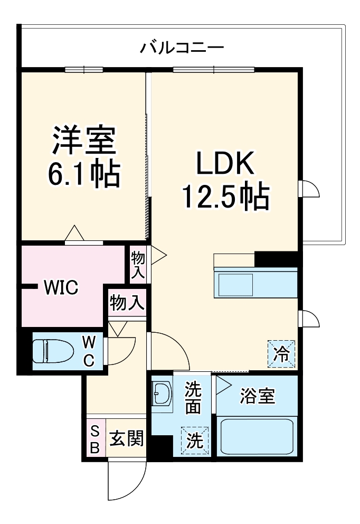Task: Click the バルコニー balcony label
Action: click(182, 48)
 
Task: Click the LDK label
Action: click(226, 165)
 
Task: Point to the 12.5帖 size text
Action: click(226, 196)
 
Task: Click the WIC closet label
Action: click(61, 288)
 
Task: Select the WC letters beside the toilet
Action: click(89, 351)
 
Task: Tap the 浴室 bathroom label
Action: click(257, 397)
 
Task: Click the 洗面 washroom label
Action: click(193, 399)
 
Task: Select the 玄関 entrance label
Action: click(126, 438)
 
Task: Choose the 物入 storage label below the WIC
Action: click(127, 303)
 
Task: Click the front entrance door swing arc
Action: click(127, 482)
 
